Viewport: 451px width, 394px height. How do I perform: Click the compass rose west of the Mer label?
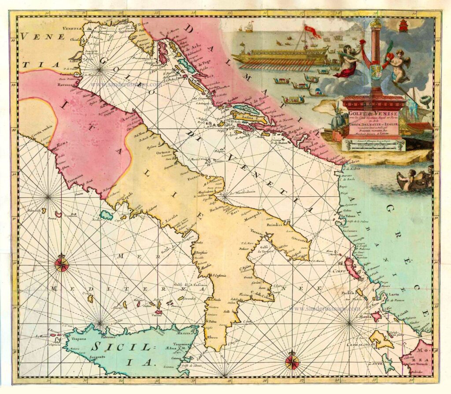coord(62,264)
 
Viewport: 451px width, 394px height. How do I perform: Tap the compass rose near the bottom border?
coord(292,362)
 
